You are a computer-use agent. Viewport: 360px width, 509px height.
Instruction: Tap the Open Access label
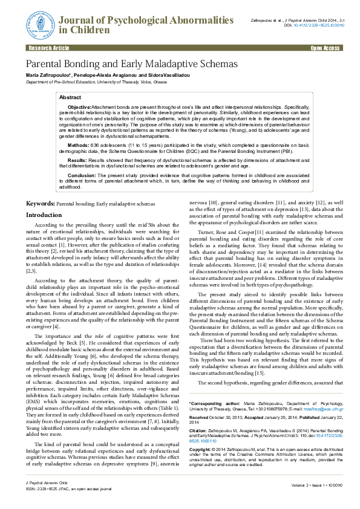pos(324,47)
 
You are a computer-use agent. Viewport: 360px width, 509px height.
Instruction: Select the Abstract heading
pos(70,97)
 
